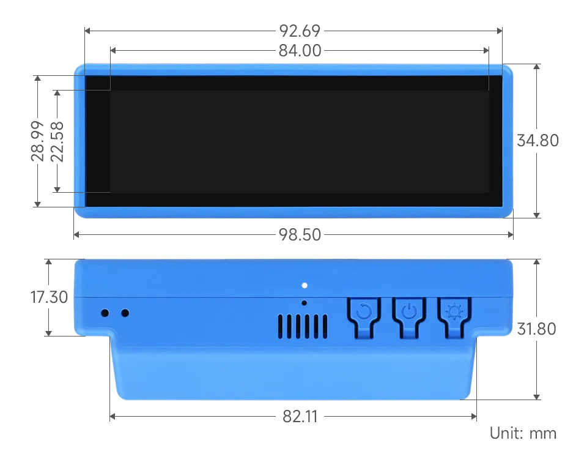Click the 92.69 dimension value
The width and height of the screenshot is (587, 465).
(300, 31)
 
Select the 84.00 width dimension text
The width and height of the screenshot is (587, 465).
(300, 51)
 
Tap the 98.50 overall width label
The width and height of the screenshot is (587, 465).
(300, 234)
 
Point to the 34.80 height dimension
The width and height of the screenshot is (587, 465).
(537, 140)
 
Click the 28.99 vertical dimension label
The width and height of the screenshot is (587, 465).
(38, 141)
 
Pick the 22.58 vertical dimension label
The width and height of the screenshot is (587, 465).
(57, 141)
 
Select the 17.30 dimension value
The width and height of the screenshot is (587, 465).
(48, 297)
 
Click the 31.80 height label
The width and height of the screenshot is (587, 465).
(536, 329)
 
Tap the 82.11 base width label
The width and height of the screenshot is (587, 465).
(300, 417)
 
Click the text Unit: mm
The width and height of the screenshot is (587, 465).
(523, 434)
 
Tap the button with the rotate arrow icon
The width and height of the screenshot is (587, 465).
(364, 313)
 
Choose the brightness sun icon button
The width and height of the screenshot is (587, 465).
(454, 313)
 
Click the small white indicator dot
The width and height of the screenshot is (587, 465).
(305, 285)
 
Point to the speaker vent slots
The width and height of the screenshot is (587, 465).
(302, 326)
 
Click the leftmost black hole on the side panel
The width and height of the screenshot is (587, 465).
(105, 313)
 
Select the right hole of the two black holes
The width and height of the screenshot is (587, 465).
(125, 313)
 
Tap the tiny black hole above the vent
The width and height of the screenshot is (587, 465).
(305, 302)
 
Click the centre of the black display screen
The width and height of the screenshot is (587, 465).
(293, 141)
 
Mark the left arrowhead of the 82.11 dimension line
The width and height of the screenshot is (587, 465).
(113, 417)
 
